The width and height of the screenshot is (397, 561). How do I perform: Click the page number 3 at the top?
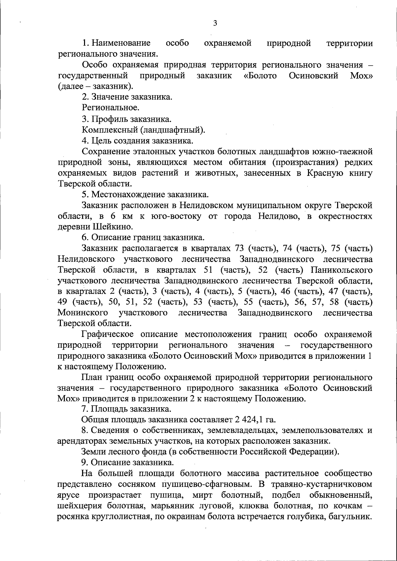(x=215, y=23)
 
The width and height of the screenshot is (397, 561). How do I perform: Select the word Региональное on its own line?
(x=110, y=108)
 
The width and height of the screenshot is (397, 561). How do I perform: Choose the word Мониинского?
(x=83, y=313)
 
